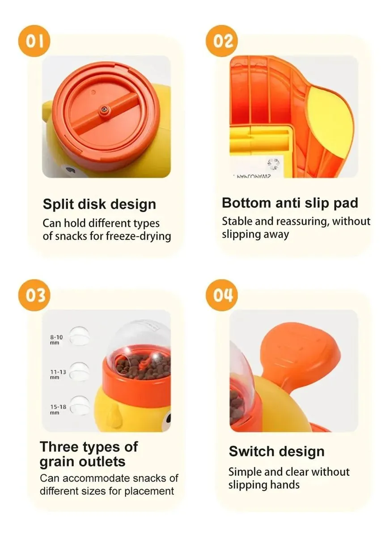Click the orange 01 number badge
tap(34, 41)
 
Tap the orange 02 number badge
tap(221, 41)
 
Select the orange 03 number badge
tap(34, 295)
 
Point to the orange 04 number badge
tap(221, 295)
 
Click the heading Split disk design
tap(99, 205)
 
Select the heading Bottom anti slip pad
tap(290, 203)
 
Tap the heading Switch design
tap(277, 452)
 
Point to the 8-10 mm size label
tap(56, 340)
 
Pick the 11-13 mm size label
tap(58, 374)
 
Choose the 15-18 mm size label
tap(58, 410)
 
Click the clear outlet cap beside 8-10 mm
tap(80, 336)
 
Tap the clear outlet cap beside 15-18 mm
tap(80, 406)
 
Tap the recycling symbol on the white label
tap(274, 164)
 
